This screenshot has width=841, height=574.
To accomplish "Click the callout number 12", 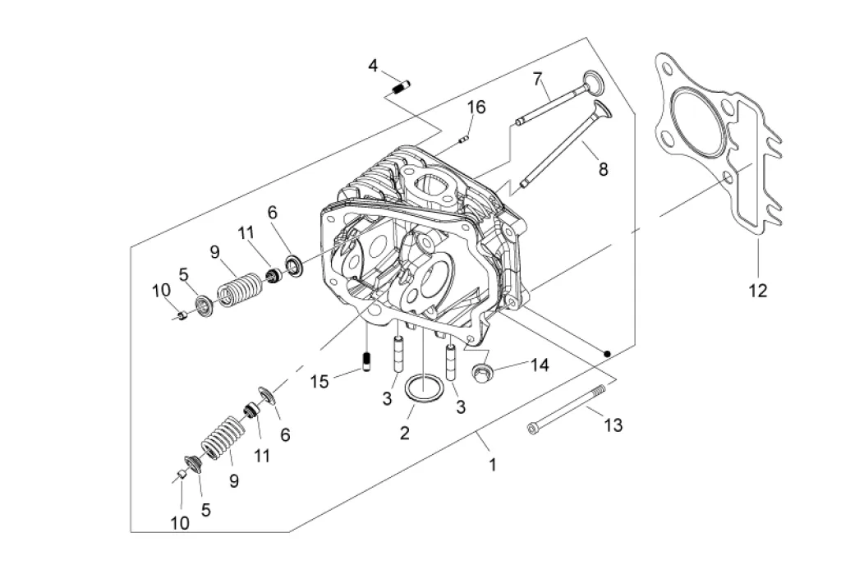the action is click(x=758, y=291).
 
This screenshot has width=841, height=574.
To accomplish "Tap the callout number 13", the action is click(x=613, y=425).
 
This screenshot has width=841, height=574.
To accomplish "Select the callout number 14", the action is click(x=540, y=365).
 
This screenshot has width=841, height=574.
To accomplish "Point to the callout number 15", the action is click(x=319, y=381).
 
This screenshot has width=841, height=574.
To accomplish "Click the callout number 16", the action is click(x=476, y=108).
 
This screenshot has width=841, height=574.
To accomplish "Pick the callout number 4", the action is click(x=373, y=66).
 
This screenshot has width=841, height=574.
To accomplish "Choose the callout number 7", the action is click(x=537, y=80).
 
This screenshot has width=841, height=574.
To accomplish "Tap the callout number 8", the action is click(x=604, y=169).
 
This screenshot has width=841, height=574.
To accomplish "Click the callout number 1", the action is click(x=493, y=465).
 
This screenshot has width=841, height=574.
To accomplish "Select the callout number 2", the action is click(x=404, y=433).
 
